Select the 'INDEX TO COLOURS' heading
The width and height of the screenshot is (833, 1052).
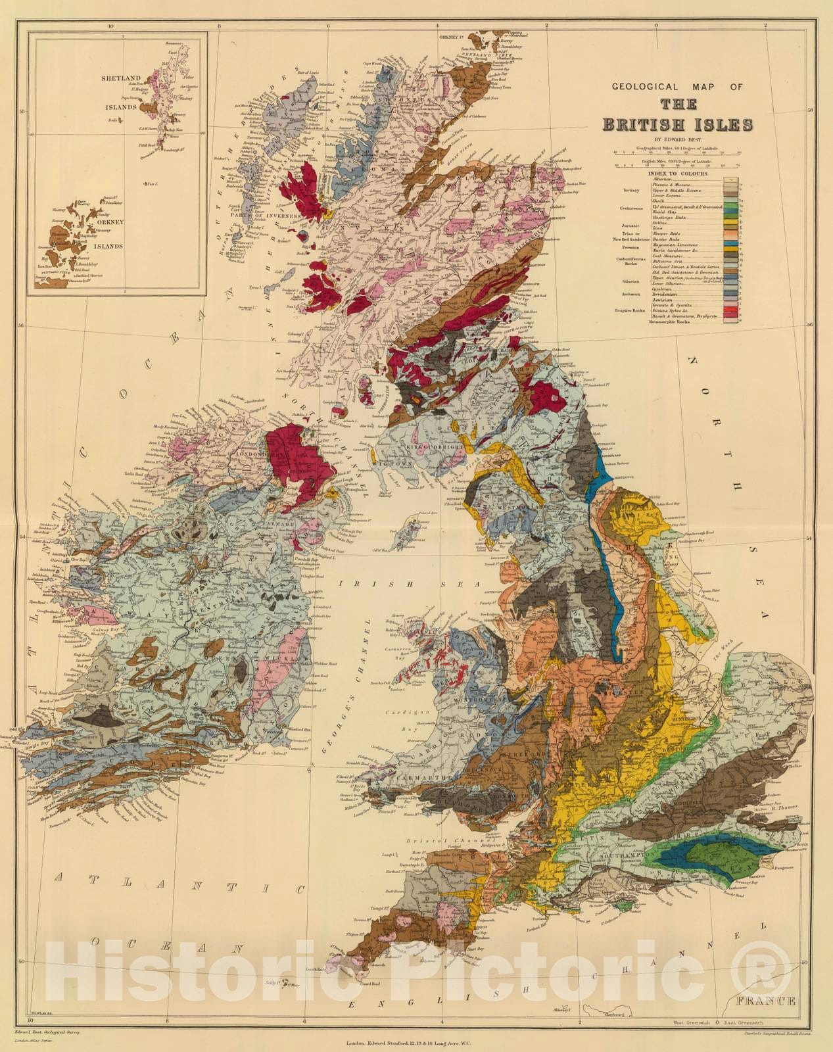[678, 174]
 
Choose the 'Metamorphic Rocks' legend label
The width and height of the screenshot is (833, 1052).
[669, 322]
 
